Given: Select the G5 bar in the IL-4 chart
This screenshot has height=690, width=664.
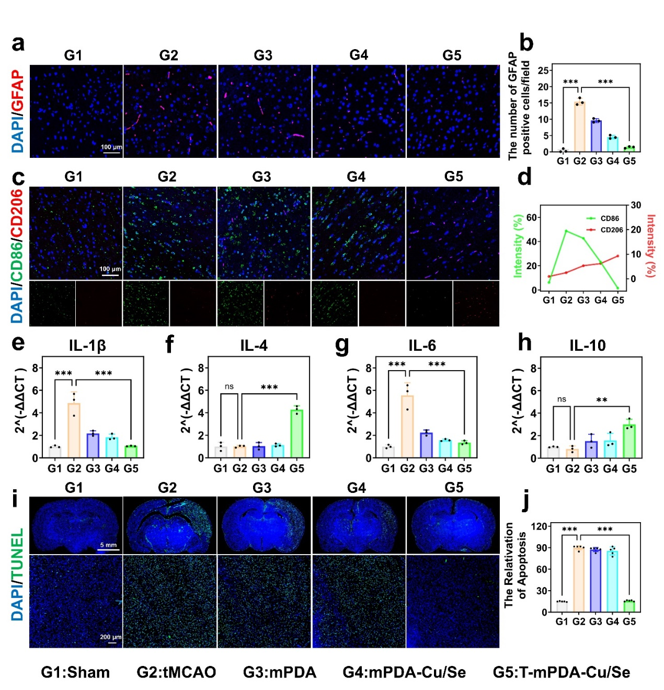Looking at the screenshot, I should pos(296,434).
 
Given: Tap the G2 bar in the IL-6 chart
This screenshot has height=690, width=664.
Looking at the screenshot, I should pos(407,427).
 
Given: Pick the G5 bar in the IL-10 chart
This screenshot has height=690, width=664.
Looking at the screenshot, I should pos(629,441).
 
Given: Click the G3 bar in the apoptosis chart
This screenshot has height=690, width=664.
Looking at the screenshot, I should pos(595,580).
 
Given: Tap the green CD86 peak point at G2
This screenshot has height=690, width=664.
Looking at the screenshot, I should pos(566,231).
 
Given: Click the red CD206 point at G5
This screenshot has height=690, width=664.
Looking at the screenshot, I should pos(617,256).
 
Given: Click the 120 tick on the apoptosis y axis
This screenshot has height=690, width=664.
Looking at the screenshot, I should pos(540,526).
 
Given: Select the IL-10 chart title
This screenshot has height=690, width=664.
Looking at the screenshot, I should pos(587,346).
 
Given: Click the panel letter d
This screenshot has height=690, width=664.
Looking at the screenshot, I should pos(524,178).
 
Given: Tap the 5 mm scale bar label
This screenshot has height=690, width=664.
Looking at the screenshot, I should pos(108,545).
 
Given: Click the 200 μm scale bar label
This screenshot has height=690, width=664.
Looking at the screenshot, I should pos(110,637).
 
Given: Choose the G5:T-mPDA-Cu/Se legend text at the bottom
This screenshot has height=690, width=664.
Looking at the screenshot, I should pos(561,672).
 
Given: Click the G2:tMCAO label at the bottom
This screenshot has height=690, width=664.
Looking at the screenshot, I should pos(176,672).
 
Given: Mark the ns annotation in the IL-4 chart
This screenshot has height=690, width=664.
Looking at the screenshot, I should pos(229,387).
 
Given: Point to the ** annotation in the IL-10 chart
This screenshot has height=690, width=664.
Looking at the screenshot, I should pos(601,400).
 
